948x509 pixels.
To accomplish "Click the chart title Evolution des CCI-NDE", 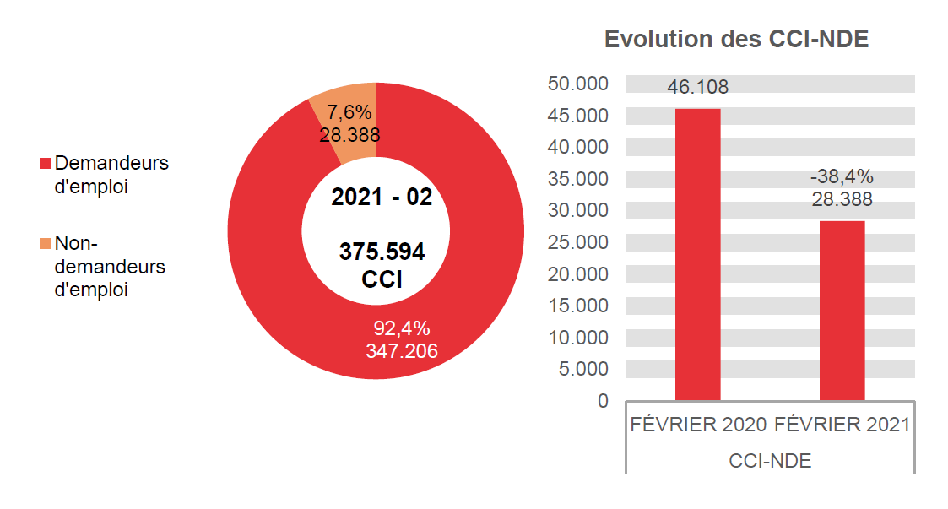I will point(736,39).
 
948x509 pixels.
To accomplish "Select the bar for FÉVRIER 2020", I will point(697,253).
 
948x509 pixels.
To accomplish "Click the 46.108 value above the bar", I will point(697,87).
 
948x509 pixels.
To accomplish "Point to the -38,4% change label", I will point(842,177).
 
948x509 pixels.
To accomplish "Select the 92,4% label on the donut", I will point(402,328).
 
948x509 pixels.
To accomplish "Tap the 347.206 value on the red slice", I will point(402,350).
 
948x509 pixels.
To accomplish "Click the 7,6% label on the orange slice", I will point(349,112).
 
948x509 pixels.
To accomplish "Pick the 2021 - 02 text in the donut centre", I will point(382,198).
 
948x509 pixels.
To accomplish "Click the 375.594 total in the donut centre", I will point(382,252).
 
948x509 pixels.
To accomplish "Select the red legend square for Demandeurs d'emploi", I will point(46,164).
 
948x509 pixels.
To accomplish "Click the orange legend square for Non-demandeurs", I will point(46,244).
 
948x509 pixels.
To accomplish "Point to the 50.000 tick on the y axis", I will point(578,84).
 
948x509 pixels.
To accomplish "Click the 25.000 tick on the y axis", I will point(578,242).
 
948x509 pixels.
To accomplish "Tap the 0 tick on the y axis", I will point(603,401).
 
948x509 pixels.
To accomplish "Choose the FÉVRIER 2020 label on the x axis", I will point(698,425).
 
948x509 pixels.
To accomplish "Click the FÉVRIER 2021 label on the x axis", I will point(842,425).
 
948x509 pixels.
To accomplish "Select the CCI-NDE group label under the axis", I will point(770,461).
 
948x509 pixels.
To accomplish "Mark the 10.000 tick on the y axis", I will point(578,338).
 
